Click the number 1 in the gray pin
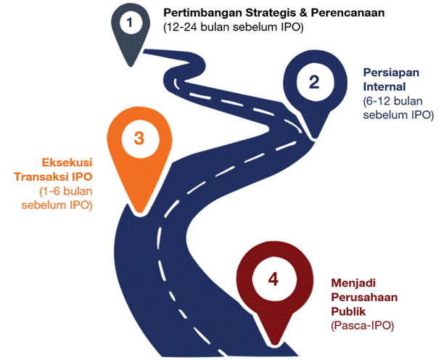pos(130,22)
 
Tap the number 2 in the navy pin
pos(314,82)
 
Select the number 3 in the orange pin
pos(139,138)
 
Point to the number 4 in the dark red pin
pos(274,279)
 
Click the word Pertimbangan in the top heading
pos(202,13)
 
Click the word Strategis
pos(274,13)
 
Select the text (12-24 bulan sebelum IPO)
pos(234,28)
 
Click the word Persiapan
pos(391,73)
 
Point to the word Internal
pos(385,86)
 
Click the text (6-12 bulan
pos(392,101)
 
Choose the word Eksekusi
pos(67,163)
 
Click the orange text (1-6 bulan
pos(66,191)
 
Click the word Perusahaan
pos(364,298)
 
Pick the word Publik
pos(348,311)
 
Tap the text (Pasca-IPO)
pos(363,326)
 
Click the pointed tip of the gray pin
pos(131,66)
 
